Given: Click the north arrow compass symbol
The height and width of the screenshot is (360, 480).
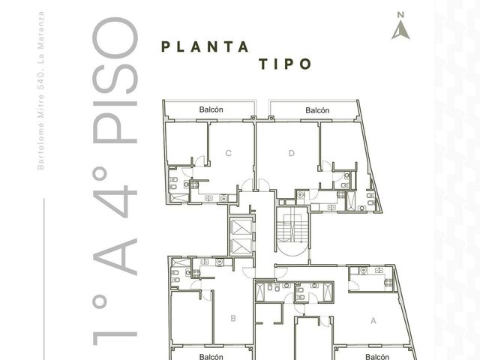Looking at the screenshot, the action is [x=400, y=31].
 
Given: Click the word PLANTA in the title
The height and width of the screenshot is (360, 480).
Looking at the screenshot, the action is [x=205, y=46].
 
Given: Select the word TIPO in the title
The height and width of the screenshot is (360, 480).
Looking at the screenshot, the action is [x=285, y=64].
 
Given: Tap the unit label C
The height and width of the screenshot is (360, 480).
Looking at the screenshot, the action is [x=228, y=153].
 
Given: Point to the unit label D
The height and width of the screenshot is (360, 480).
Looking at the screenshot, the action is [x=292, y=153].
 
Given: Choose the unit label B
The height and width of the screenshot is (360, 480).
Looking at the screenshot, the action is [x=233, y=318].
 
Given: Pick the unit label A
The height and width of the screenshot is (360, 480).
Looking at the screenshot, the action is [x=373, y=321].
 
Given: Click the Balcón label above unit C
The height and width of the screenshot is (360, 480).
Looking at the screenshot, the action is [x=211, y=109].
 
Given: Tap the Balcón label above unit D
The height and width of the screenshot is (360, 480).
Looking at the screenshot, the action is [x=317, y=110].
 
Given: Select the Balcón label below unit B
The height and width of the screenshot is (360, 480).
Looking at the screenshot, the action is [x=211, y=357].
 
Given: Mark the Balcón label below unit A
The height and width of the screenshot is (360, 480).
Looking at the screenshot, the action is [x=377, y=357].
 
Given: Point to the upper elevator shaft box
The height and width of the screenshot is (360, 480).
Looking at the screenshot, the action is [x=241, y=227].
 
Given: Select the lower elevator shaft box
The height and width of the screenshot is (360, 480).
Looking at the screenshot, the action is [x=241, y=247].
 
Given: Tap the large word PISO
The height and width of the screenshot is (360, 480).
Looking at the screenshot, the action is [x=115, y=80].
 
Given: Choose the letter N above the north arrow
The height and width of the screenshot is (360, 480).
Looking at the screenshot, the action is [x=400, y=15].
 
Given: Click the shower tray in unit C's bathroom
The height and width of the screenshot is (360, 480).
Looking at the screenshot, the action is [x=178, y=197].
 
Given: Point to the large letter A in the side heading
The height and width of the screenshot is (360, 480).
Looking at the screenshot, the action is [x=115, y=256].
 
